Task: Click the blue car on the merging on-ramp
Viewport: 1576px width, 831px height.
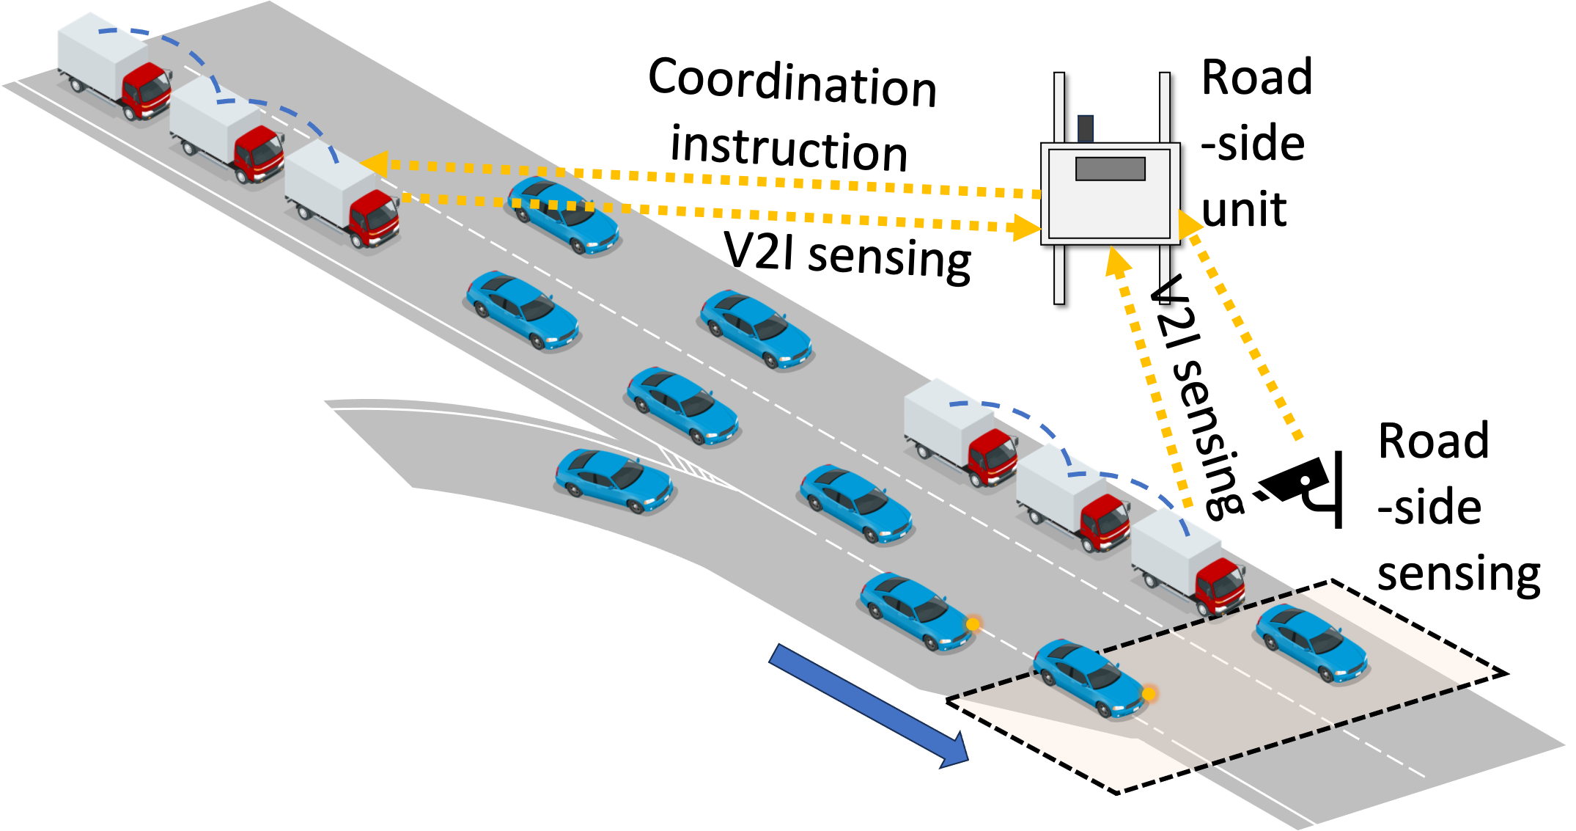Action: (614, 481)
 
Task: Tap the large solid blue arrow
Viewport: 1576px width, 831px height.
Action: (869, 704)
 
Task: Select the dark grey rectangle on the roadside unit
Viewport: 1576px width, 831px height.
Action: (1110, 169)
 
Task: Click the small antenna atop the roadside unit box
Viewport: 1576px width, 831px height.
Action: (1086, 128)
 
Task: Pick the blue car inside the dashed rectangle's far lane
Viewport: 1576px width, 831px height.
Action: (1311, 643)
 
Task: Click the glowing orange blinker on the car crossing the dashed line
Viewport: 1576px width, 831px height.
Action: (1149, 693)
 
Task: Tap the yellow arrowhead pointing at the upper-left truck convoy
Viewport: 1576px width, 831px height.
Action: (374, 164)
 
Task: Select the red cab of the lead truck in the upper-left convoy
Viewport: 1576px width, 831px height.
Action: (375, 217)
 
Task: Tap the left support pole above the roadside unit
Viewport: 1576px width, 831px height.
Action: (1059, 106)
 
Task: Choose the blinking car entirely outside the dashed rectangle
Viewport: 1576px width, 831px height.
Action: (916, 611)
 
